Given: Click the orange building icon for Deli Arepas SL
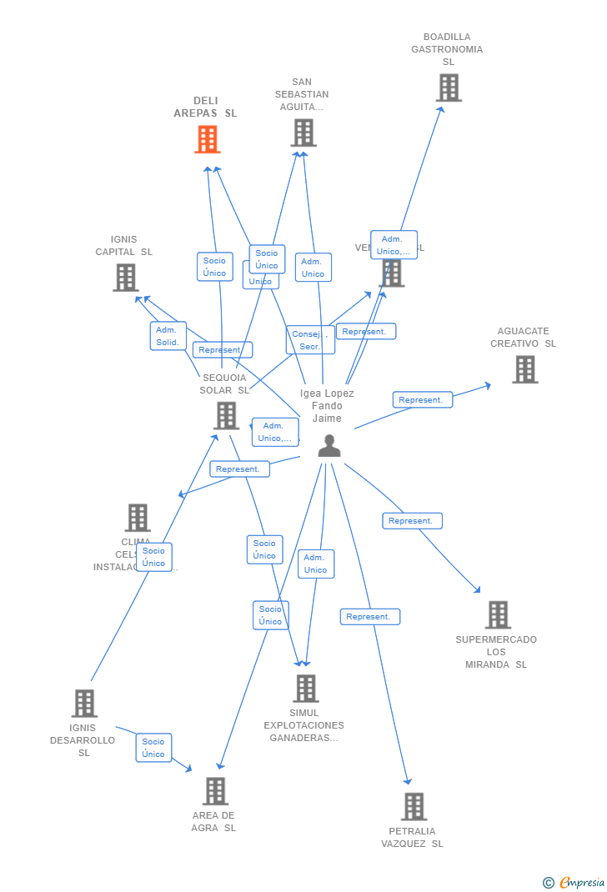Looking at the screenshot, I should click(x=208, y=139).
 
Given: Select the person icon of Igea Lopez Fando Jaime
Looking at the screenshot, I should click(x=329, y=446).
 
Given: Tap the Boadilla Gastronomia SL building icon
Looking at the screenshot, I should click(x=449, y=88).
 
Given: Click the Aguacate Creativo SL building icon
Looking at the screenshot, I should click(x=524, y=369).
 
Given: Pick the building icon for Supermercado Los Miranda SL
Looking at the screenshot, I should click(x=498, y=614).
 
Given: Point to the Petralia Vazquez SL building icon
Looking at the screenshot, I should click(x=414, y=806).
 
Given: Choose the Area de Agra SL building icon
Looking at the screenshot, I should click(x=215, y=790).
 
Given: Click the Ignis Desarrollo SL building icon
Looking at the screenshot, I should click(x=84, y=703).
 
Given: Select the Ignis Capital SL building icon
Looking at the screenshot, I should click(x=126, y=278).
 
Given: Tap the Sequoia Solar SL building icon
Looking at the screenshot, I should click(x=226, y=415).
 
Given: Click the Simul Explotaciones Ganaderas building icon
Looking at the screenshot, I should click(x=306, y=688).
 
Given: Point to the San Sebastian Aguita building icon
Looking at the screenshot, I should click(x=303, y=133).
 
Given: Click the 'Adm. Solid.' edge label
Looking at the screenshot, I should click(x=168, y=336).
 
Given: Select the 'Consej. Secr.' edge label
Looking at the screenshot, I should click(x=309, y=340).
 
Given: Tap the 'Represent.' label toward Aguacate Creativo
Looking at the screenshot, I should click(x=422, y=400).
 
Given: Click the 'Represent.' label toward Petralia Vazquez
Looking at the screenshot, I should click(x=369, y=617).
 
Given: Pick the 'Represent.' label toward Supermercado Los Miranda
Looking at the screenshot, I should click(x=412, y=521).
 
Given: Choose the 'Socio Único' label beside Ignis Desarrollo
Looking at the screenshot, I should click(x=153, y=748).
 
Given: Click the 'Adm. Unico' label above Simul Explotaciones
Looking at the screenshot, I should click(x=315, y=564).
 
